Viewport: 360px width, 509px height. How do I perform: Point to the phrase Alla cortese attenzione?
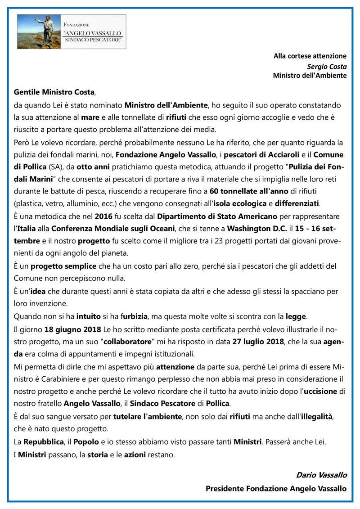(x=310, y=56)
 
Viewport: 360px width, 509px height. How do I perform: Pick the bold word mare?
(x=90, y=117)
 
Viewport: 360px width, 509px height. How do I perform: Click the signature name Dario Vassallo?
(x=321, y=475)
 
